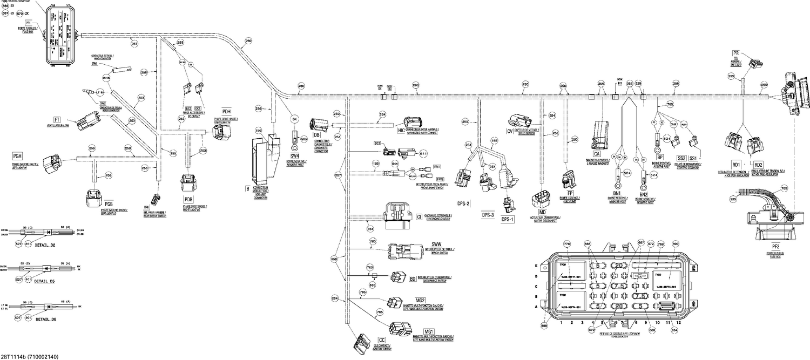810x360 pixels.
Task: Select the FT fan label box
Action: [x=56, y=119]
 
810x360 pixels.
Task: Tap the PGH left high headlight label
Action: [x=17, y=156]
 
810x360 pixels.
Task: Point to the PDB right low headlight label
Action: [x=188, y=200]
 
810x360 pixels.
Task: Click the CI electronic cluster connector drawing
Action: [x=397, y=213]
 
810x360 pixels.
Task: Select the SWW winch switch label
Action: [x=436, y=244]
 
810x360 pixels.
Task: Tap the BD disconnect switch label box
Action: [x=413, y=279]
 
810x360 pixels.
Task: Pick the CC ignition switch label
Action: [x=382, y=339]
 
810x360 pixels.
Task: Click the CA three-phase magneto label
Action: [x=597, y=153]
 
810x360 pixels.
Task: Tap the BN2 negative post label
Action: [x=643, y=194]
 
